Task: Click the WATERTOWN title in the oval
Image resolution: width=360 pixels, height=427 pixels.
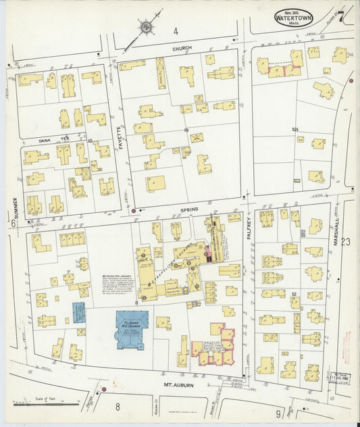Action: [x=293, y=16]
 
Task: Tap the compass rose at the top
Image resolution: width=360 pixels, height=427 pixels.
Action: [x=146, y=28]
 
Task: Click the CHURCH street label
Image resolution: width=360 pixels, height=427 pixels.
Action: [x=182, y=48]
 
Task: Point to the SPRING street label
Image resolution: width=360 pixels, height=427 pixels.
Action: [x=189, y=210]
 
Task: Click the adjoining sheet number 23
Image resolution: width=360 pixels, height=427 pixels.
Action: [x=346, y=241]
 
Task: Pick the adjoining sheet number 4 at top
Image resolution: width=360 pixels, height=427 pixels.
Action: [x=175, y=31]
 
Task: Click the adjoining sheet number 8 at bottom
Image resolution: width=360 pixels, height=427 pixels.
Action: [x=117, y=406]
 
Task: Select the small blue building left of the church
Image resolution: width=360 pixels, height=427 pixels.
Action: [x=80, y=312]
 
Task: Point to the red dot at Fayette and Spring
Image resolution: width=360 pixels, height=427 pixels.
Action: [x=134, y=210]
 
